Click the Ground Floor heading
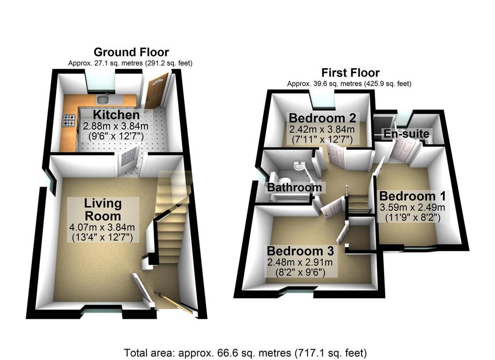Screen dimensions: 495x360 point(131,52)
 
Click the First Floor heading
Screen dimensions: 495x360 point(350,73)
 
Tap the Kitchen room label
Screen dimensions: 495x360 point(116,115)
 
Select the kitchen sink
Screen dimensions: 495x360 point(102,100)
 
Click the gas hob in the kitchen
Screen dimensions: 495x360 point(69,120)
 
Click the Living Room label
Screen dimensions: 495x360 point(103,210)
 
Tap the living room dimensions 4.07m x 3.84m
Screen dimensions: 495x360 point(102,227)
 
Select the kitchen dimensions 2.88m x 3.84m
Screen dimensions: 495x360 point(115,126)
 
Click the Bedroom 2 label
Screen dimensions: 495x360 point(322,118)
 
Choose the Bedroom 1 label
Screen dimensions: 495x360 point(412,196)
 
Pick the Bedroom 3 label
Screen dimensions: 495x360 point(300,251)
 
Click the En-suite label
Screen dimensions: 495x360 point(407,134)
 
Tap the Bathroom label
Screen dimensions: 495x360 point(294,187)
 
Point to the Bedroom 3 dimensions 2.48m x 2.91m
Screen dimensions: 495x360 point(300,262)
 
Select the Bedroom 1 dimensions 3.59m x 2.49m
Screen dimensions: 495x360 point(412,207)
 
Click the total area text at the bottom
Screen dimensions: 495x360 point(245,352)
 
